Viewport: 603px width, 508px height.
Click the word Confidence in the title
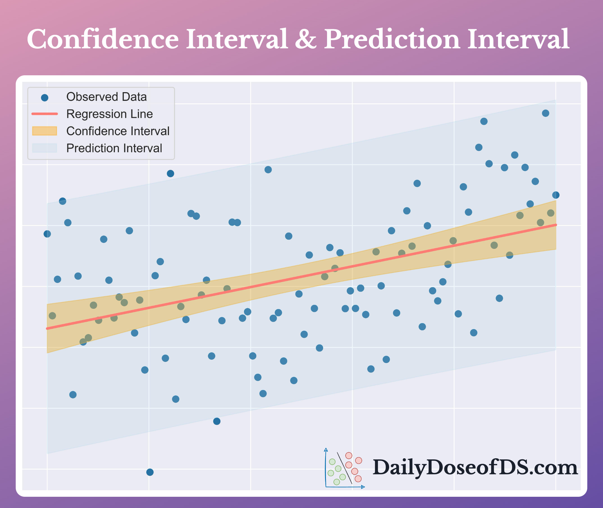coord(103,39)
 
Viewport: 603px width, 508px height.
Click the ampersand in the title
coord(305,39)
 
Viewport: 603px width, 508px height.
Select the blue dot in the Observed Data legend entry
coord(45,98)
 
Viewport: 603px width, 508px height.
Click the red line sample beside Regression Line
coord(45,114)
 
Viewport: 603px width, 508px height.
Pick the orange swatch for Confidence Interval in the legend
coord(45,131)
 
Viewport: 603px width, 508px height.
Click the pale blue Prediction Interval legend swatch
coord(45,148)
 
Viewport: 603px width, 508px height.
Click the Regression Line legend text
coord(109,114)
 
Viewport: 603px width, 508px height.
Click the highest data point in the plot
coord(545,113)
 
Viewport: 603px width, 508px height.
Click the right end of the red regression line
coord(556,225)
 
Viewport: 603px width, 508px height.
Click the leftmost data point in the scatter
coord(47,234)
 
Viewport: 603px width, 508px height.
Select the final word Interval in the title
coord(518,39)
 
